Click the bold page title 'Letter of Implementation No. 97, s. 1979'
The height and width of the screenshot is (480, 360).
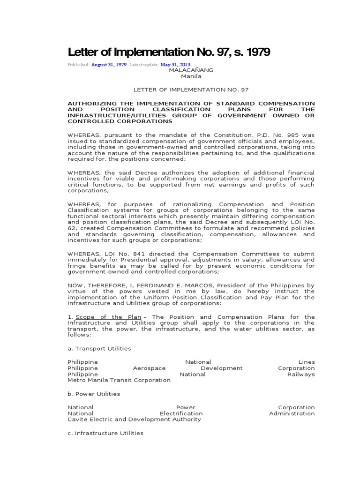pos(169,52)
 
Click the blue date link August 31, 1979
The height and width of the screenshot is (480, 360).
pos(109,65)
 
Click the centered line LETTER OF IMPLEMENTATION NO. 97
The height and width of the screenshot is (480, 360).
pos(191,89)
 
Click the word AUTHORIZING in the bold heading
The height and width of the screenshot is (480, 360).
pos(95,103)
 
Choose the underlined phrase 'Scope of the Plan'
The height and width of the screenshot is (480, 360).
pos(108,317)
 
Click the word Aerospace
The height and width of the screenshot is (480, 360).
pos(150,368)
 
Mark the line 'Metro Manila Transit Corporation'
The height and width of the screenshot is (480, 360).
pos(119,380)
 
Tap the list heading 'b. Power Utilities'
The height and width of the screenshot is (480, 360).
pos(94,394)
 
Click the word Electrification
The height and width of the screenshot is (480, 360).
pos(181,413)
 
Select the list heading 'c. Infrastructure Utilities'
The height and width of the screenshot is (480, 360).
pos(105,433)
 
